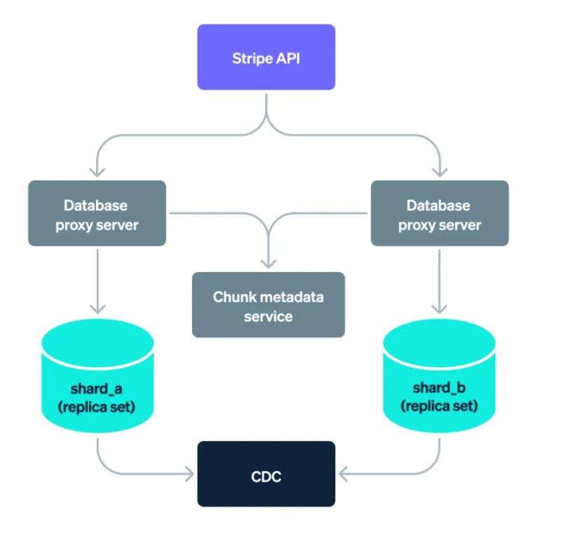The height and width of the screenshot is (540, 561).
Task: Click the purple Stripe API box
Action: coord(266,57)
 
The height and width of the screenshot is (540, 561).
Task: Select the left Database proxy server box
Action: coord(97,213)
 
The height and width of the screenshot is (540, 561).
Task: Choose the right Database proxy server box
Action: coord(440,213)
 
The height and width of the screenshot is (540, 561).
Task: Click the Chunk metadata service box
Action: coord(269,304)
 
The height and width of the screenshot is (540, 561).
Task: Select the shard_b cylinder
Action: coord(440,379)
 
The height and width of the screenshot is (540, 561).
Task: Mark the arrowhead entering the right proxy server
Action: coord(440,172)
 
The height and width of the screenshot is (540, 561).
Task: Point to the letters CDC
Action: coord(266,478)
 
